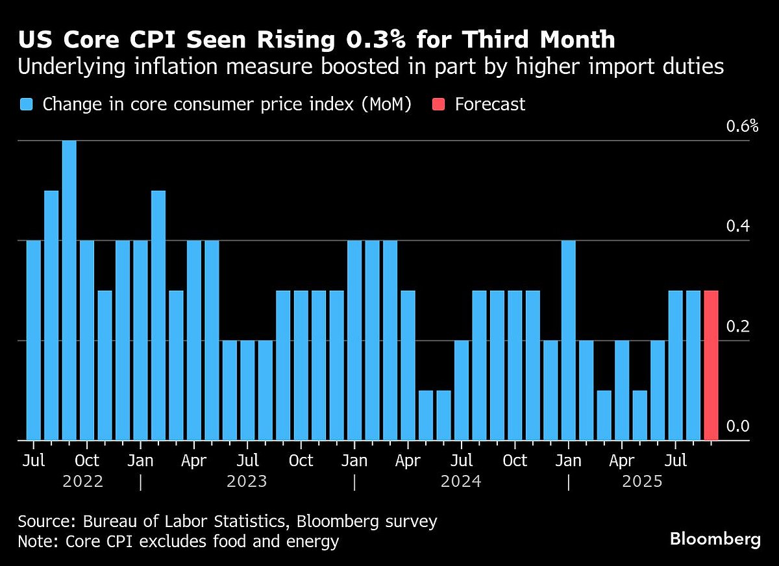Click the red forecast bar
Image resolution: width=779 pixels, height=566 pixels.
tap(711, 365)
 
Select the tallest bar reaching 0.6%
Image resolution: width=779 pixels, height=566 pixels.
tap(69, 290)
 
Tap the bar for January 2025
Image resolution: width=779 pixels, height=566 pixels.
tap(569, 340)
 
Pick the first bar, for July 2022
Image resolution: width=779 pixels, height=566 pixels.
tap(33, 340)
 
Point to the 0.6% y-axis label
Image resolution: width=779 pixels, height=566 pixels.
tap(741, 126)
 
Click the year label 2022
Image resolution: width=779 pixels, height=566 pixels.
tap(83, 482)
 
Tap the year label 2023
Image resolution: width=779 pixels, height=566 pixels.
tap(247, 482)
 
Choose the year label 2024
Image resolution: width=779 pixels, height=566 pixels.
tap(461, 482)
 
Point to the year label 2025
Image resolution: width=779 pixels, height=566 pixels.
tap(642, 482)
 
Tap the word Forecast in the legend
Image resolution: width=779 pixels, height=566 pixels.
tap(489, 105)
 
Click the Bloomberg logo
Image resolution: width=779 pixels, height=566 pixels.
tap(715, 539)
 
